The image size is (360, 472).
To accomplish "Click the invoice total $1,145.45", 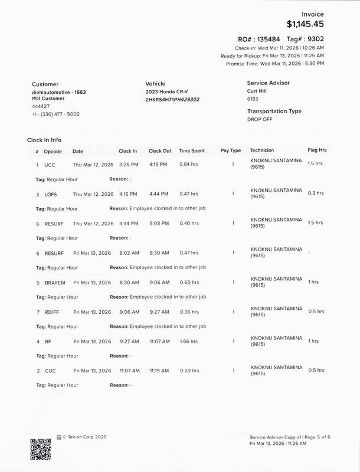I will coord(305,24).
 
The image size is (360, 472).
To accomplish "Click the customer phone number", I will coord(55,114).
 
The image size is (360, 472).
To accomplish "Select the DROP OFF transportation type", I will coord(260,119).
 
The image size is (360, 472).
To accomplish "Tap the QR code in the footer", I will coord(41,448).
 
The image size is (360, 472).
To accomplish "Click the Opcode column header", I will coord(53,151).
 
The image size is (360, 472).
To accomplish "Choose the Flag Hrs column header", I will coord(317,150).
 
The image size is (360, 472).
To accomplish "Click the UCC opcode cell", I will coord(50,165).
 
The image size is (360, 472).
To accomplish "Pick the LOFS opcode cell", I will coord(51,194).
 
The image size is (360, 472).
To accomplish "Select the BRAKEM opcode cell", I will coord(55,283).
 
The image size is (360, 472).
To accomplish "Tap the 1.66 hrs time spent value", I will coord(188,342).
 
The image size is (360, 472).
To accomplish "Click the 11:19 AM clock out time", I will coord(159,371).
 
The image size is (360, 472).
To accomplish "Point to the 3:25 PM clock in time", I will coord(128,165).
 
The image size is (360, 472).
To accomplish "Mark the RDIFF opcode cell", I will coord(53,312).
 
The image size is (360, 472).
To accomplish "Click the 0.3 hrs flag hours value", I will coord(316,193).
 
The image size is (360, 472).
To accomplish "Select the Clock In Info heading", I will coord(44,140).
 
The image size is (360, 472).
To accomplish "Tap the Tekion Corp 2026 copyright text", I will coord(80,437).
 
